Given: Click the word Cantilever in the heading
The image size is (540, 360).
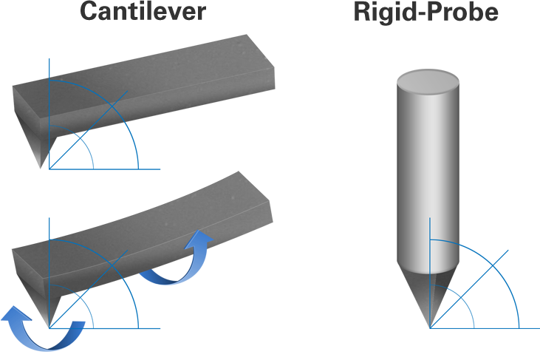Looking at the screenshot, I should point(143,12).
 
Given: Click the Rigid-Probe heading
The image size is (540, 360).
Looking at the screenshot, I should point(425,13).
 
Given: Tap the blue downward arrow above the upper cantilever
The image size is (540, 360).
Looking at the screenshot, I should point(47,53).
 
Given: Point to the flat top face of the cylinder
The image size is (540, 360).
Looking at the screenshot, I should point(428,79).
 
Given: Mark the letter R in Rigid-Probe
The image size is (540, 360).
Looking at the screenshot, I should point(363,13).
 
